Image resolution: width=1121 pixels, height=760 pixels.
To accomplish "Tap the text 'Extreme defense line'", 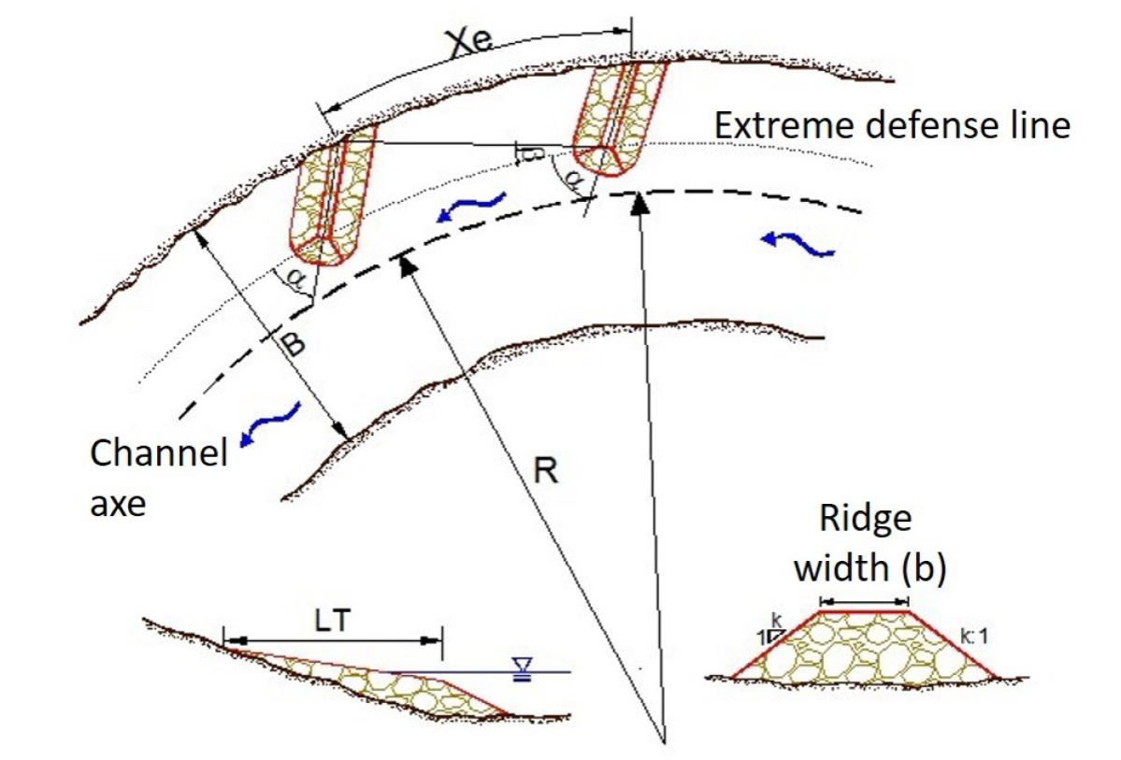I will [892, 124].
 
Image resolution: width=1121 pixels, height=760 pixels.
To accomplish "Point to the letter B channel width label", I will [293, 345].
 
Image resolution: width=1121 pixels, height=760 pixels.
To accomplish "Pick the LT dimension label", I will [329, 622].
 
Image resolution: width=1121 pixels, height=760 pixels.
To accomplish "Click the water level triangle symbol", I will [520, 667].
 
